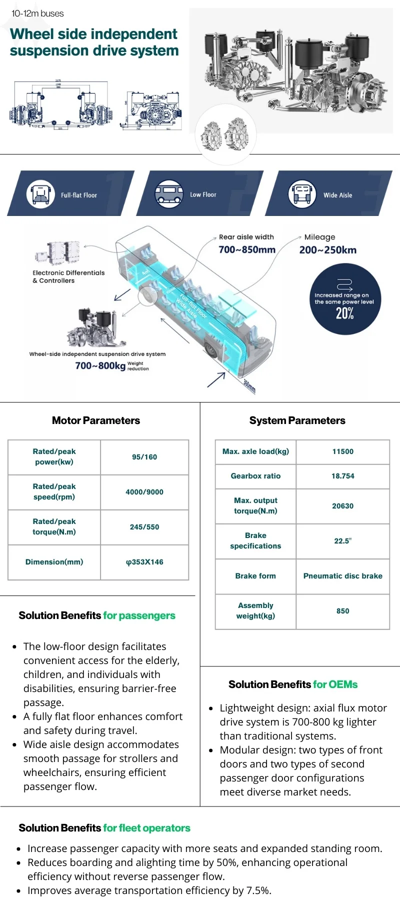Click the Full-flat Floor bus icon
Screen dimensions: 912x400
(40, 194)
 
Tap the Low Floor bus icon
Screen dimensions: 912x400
(168, 194)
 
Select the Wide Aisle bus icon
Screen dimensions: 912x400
(302, 194)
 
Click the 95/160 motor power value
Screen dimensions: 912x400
(144, 457)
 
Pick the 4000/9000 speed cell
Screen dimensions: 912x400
(144, 492)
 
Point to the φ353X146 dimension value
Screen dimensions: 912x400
(144, 562)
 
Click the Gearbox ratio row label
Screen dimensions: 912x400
(255, 476)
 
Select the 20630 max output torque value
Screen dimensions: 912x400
(342, 506)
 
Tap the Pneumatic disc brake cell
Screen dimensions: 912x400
(342, 576)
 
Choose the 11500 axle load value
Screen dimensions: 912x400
(342, 451)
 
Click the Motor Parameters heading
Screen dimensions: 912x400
(96, 420)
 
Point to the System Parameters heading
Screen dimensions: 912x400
(297, 420)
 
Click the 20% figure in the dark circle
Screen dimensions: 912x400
(344, 313)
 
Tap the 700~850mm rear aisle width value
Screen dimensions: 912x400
(247, 249)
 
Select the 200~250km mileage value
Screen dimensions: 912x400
(327, 250)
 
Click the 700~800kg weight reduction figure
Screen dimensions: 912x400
(100, 366)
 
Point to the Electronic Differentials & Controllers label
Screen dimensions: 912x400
(68, 276)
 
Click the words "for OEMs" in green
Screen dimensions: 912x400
(335, 684)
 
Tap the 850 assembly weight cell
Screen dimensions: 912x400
(342, 611)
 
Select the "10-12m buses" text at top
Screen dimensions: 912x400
(37, 13)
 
